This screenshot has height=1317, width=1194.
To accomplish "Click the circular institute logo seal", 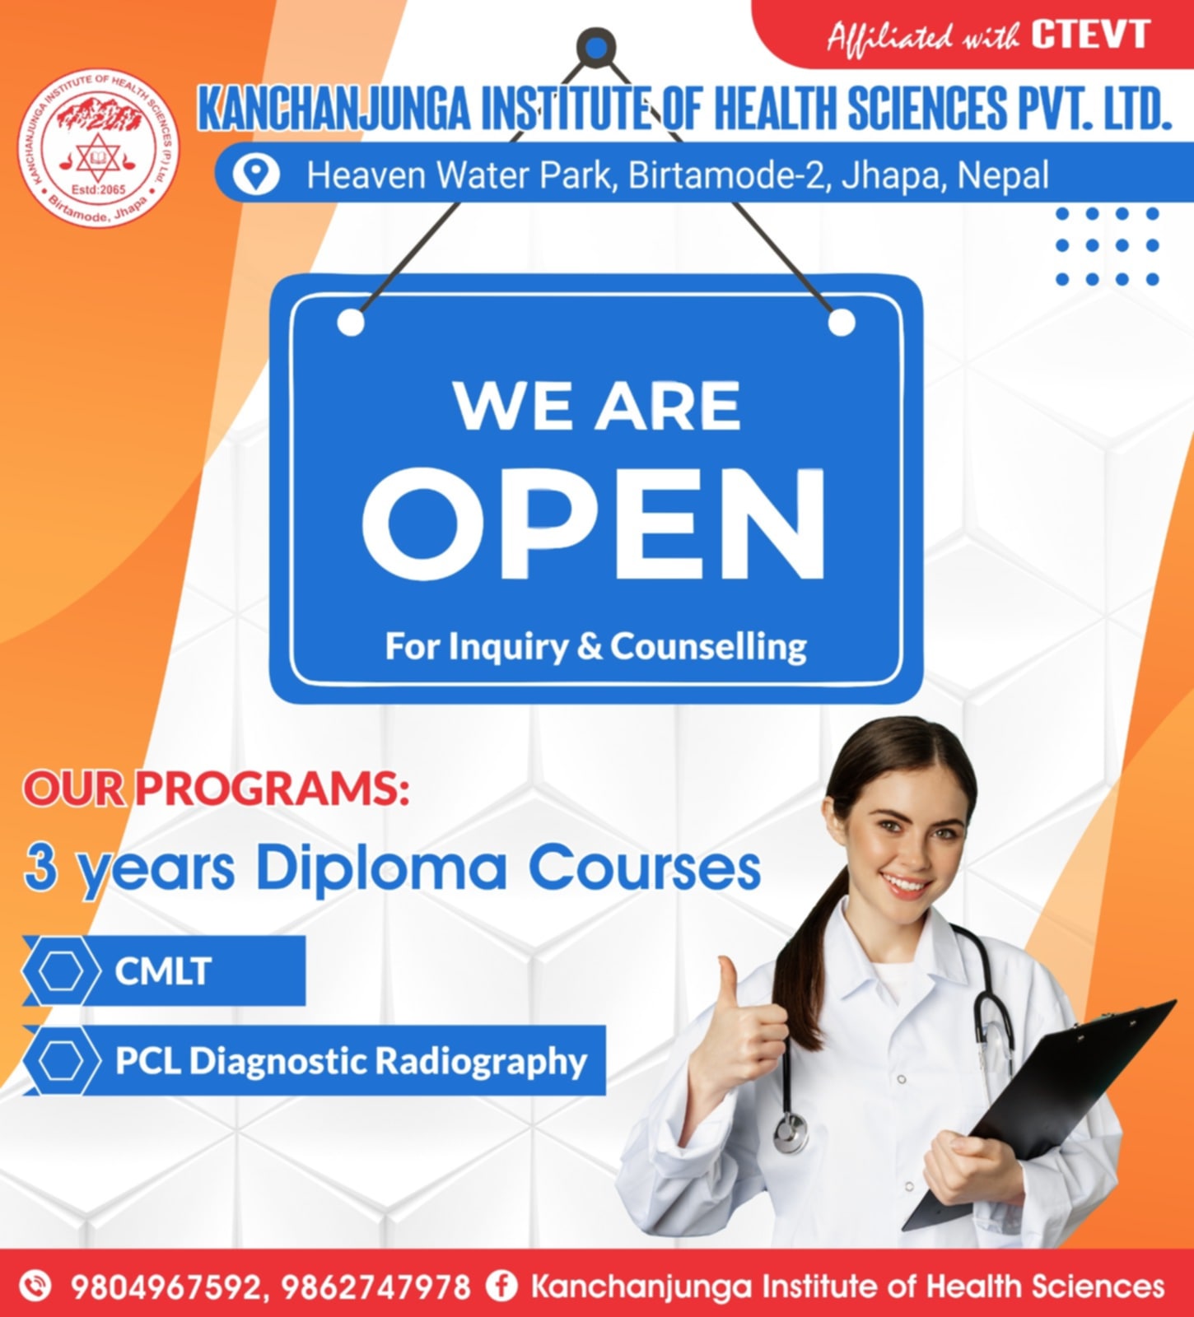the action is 98,148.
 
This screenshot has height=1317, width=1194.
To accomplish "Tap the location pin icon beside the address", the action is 256,175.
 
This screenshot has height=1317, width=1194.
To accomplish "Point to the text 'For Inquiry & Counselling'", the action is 596,647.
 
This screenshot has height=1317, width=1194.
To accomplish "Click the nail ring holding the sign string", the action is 596,47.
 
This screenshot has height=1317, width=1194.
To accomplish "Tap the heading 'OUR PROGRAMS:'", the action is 216,789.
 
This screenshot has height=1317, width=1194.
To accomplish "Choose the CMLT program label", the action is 163,971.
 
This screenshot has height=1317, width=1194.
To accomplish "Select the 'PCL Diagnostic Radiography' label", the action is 351,1060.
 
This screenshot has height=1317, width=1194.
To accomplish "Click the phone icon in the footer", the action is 35,1285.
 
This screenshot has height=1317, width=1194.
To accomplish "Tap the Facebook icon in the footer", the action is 501,1285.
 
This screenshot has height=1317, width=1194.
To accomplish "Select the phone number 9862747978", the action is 376,1287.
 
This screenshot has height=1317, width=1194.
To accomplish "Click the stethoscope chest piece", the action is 791,1133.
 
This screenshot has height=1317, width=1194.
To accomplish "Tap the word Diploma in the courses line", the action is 381,868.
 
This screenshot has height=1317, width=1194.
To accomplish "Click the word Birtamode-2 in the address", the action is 725,175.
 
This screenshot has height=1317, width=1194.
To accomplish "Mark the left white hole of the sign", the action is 351,323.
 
